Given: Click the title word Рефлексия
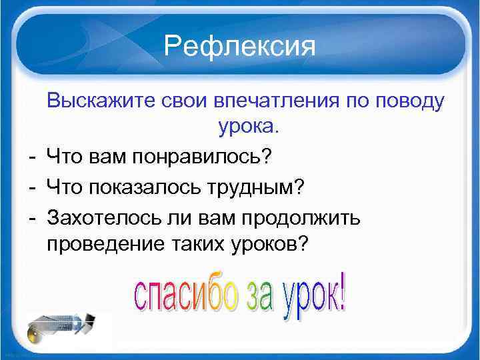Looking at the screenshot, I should [x=239, y=47].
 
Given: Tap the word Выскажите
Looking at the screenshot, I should [x=101, y=101].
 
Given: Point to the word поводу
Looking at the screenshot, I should [x=405, y=103].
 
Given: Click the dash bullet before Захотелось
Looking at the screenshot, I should [x=32, y=217].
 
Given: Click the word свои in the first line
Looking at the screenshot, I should [x=183, y=101].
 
